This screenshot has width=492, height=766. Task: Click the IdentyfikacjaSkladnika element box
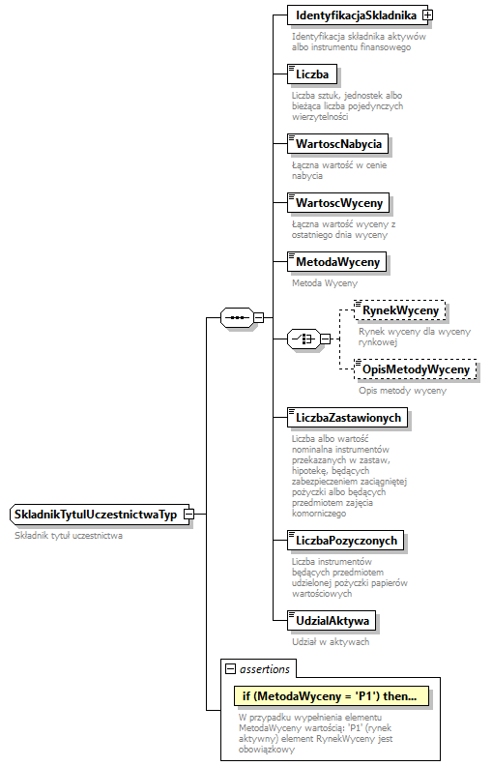[x=355, y=15]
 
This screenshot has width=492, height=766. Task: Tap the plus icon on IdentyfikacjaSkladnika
[x=426, y=15]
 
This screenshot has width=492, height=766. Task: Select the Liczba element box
[x=311, y=74]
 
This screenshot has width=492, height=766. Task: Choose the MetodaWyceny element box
[x=337, y=261]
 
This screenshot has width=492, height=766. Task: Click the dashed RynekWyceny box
[x=398, y=309]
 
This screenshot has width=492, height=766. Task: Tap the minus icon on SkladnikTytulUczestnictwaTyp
[x=188, y=515]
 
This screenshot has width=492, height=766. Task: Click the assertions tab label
[x=264, y=667]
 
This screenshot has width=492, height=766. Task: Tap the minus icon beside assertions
[x=230, y=668]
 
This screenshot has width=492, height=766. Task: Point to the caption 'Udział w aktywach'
[x=330, y=641]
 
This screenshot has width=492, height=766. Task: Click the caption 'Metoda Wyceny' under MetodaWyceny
[x=325, y=283]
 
